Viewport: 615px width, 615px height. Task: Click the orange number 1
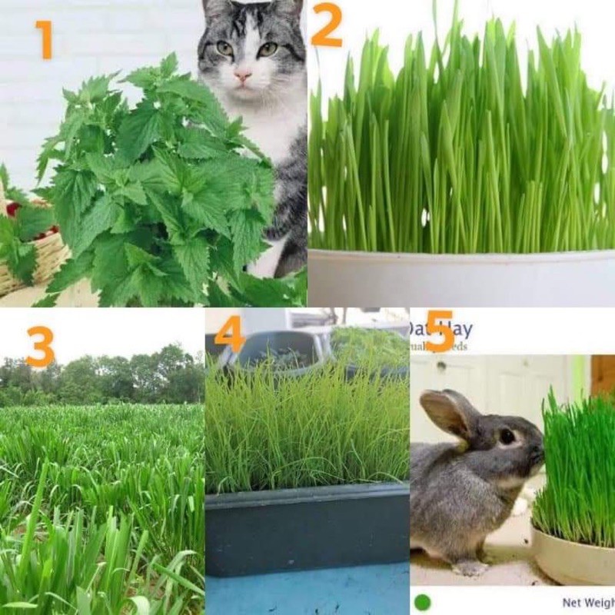tap(43, 40)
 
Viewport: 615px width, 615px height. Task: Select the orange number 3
tap(39, 347)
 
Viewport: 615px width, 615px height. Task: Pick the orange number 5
tap(439, 331)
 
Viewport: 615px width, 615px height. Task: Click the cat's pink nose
tap(244, 76)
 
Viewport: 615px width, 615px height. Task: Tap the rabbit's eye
tap(507, 436)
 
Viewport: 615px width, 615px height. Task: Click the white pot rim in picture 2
tap(461, 254)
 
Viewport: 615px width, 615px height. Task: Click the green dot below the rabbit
tap(422, 602)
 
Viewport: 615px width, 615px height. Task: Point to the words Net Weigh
tap(588, 603)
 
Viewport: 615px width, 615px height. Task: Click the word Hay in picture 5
tap(460, 330)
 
